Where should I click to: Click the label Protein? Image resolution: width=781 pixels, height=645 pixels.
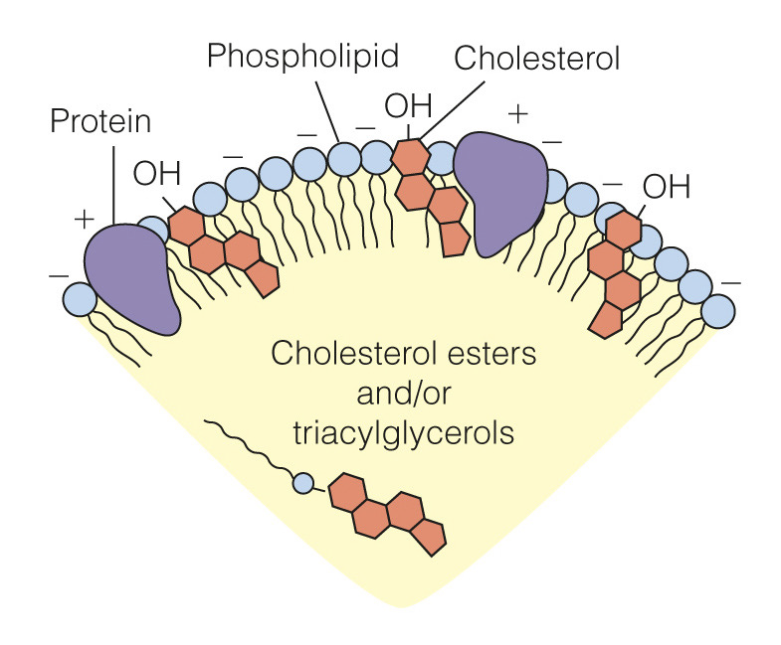click(x=99, y=123)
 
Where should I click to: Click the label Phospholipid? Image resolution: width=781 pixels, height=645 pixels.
click(x=302, y=57)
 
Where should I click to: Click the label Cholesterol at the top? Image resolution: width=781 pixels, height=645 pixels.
click(x=536, y=58)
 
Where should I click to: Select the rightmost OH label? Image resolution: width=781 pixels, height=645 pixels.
click(x=667, y=186)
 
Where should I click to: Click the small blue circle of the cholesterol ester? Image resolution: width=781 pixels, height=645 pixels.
click(x=303, y=484)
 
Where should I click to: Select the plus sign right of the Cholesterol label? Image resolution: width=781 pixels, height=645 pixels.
click(x=517, y=113)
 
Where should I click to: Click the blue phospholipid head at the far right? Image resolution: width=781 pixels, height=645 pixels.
click(x=716, y=311)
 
